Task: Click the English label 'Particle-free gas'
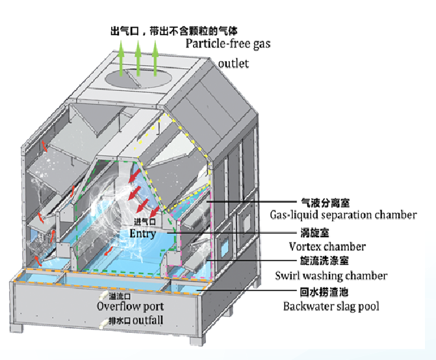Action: coord(227,44)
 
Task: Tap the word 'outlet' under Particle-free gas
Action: coord(234,64)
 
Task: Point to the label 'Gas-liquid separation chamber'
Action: coord(343,214)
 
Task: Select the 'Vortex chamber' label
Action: coord(327,246)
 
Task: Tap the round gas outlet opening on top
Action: coord(137,77)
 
